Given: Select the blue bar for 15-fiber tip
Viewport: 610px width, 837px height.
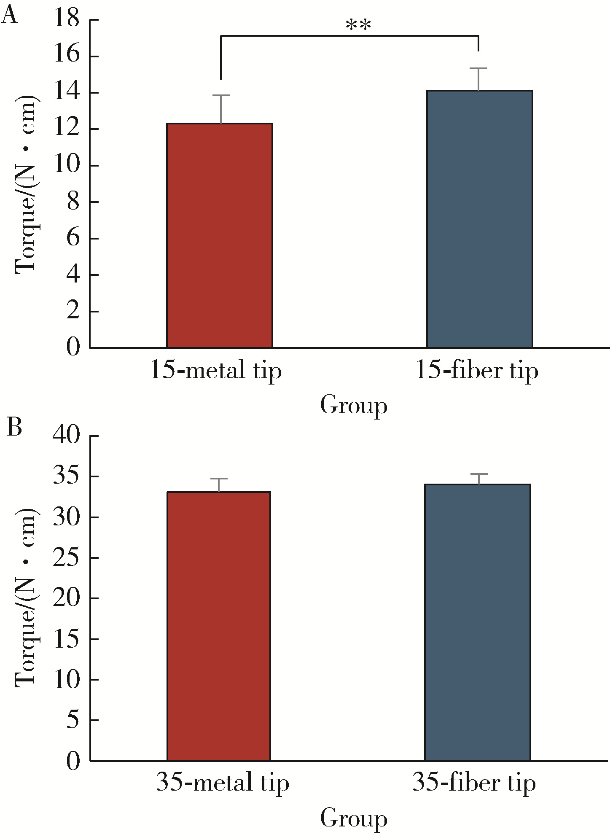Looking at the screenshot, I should (479, 219).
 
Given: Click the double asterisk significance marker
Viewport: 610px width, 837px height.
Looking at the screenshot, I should (358, 26).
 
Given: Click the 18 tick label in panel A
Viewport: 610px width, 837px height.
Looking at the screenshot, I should (67, 19).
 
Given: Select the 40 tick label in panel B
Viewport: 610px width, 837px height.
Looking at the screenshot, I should (67, 436).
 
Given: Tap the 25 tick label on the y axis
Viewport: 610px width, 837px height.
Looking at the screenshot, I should (67, 558).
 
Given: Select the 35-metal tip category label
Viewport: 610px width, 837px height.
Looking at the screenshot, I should (223, 783).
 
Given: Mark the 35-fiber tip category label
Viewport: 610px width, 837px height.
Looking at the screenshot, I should (474, 783).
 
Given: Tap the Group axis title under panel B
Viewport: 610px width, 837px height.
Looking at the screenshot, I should (353, 818).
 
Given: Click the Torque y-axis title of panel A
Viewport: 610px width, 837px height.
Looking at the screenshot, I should (26, 184).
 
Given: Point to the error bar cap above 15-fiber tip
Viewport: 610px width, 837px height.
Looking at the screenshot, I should (479, 68).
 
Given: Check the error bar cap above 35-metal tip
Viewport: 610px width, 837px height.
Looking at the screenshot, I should (219, 479).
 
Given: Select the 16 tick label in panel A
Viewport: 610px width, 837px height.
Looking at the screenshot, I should (67, 56).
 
